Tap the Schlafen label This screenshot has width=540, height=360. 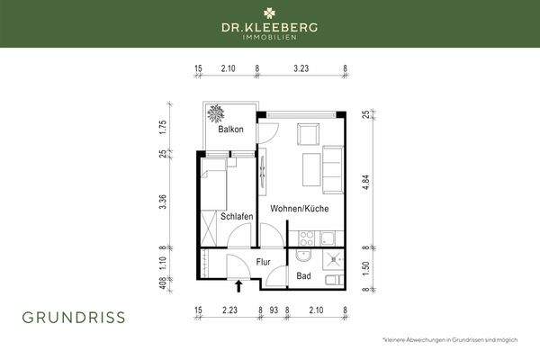point(234,216)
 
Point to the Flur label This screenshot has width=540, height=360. point(264,262)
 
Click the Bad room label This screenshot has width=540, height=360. point(304,276)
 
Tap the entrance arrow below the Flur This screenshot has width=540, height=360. point(238,287)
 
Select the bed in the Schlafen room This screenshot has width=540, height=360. point(220,190)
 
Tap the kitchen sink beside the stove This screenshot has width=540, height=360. point(328,239)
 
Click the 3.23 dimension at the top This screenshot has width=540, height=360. point(301,68)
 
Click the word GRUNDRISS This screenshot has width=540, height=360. point(75,317)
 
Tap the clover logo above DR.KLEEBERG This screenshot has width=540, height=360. point(270,14)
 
